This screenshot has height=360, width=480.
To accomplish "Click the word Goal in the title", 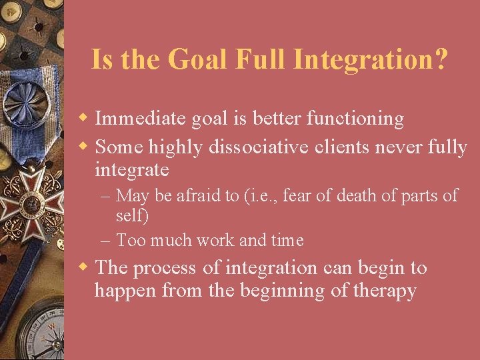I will (198, 59).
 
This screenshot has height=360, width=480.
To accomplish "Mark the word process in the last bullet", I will (165, 269).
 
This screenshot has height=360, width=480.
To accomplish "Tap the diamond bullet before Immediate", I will (85, 119).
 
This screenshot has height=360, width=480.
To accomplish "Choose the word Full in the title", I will (261, 59).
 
